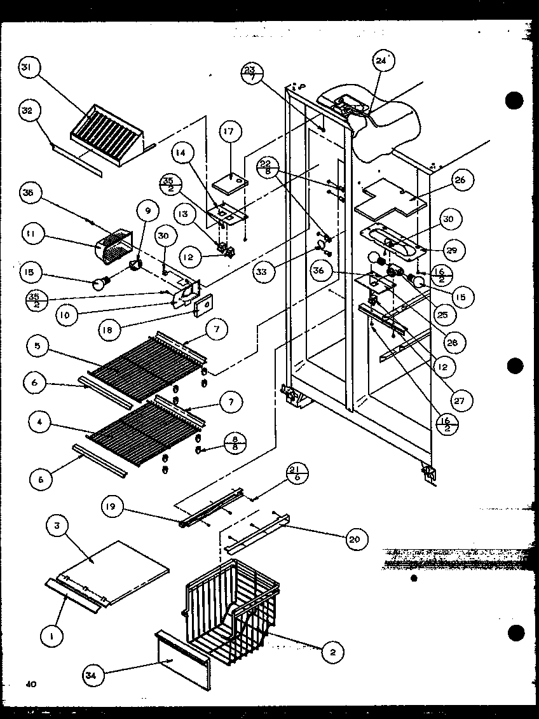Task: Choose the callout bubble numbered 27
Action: pyautogui.click(x=458, y=401)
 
